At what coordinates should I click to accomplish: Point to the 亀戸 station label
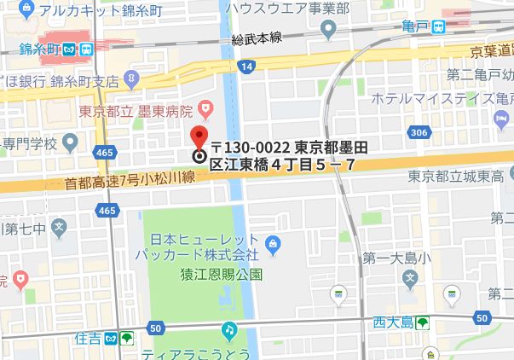point(415,27)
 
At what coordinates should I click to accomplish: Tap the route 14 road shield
point(246,65)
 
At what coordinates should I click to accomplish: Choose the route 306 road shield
point(418,132)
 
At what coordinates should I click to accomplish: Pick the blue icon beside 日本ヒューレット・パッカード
point(272,248)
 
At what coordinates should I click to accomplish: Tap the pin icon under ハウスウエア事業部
point(329,30)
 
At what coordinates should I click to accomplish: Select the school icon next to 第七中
point(59,227)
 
